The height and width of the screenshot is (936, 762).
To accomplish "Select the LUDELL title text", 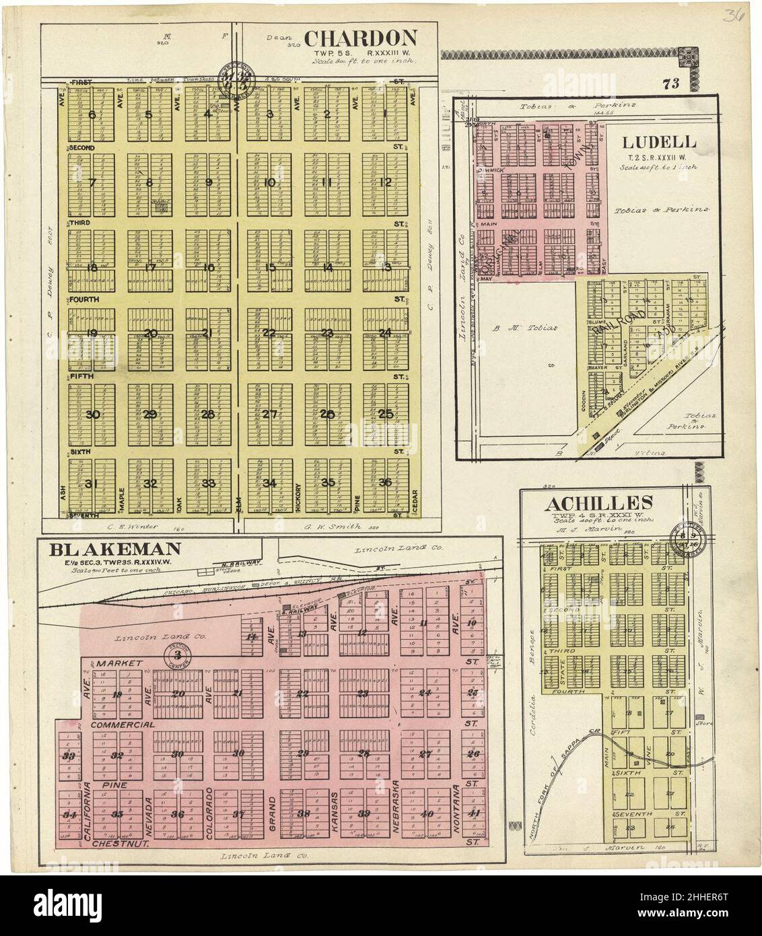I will click(x=659, y=143).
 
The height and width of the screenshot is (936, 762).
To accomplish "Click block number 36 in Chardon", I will click(x=385, y=482).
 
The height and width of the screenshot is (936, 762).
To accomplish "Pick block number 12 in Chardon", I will click(x=385, y=182).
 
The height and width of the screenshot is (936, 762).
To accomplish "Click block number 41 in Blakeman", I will click(x=475, y=813).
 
